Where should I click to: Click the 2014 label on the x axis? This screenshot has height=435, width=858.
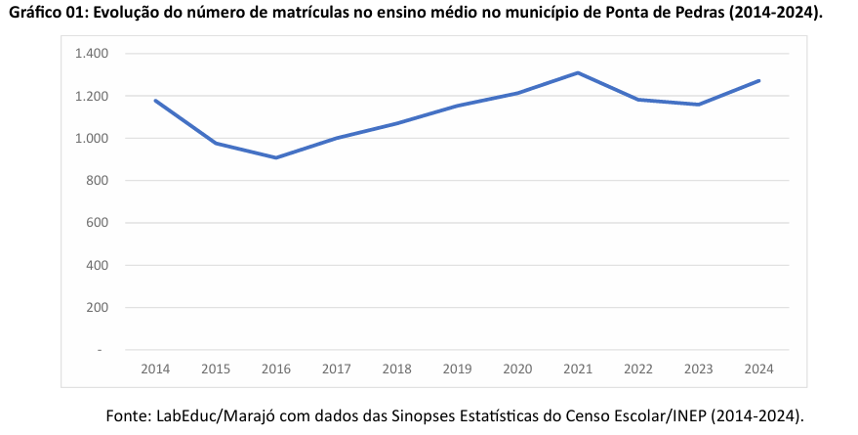pyautogui.click(x=155, y=369)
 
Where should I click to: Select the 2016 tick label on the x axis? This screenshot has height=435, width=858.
pyautogui.click(x=276, y=369)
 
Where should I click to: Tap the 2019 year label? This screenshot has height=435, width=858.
pyautogui.click(x=457, y=369)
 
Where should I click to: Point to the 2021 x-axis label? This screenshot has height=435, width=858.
pyautogui.click(x=578, y=369)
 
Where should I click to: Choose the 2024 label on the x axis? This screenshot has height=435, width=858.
pyautogui.click(x=758, y=369)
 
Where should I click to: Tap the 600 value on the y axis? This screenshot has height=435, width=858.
pyautogui.click(x=98, y=223)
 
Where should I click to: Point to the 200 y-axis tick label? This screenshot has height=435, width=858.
pyautogui.click(x=98, y=307)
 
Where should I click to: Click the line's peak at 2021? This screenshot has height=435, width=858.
pyautogui.click(x=578, y=72)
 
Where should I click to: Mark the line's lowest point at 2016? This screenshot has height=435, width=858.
pyautogui.click(x=276, y=157)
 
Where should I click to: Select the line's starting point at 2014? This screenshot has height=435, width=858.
pyautogui.click(x=155, y=101)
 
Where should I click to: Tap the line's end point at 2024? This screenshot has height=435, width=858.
pyautogui.click(x=758, y=80)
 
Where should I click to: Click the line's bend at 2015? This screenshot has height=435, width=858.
pyautogui.click(x=216, y=143)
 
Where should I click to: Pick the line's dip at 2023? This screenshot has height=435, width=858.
pyautogui.click(x=698, y=105)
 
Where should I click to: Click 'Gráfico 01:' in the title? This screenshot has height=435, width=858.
pyautogui.click(x=47, y=13)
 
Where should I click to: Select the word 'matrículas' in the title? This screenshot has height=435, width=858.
pyautogui.click(x=306, y=13)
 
